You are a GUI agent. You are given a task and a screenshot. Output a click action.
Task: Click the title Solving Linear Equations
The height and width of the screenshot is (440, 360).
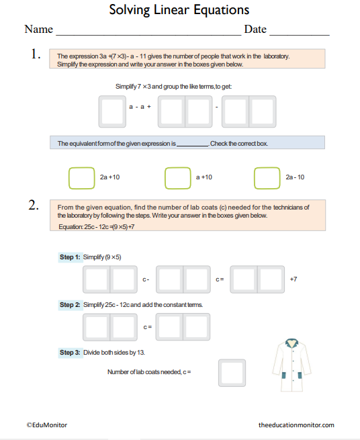pyautogui.click(x=179, y=10)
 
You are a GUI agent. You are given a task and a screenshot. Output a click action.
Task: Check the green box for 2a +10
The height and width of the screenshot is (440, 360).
pyautogui.click(x=81, y=177)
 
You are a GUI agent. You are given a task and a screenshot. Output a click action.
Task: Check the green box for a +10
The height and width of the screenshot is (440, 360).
pyautogui.click(x=177, y=177)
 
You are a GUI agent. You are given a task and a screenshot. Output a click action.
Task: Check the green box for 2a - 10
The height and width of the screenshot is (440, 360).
pyautogui.click(x=267, y=177)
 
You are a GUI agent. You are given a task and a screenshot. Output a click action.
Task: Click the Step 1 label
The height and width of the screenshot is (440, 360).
pyautogui.click(x=70, y=257)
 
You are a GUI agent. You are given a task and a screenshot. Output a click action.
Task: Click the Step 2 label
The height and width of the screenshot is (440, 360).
pyautogui.click(x=70, y=305)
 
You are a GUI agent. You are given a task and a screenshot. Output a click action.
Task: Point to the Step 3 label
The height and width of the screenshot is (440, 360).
pyautogui.click(x=70, y=352)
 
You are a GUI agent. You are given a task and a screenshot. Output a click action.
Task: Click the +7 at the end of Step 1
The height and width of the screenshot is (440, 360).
pyautogui.click(x=292, y=279)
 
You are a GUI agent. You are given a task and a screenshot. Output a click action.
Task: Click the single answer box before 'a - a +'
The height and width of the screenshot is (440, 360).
pyautogui.click(x=111, y=112)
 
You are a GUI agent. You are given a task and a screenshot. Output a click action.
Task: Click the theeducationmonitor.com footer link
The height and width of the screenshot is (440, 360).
pyautogui.click(x=296, y=425)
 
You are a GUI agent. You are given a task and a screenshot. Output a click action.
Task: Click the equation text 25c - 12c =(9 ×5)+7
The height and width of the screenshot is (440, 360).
pyautogui.click(x=97, y=227)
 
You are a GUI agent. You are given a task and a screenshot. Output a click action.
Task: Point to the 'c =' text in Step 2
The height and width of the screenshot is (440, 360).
pyautogui.click(x=148, y=327)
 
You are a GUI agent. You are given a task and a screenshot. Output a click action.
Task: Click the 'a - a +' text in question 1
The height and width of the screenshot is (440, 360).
pyautogui.click(x=140, y=107)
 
